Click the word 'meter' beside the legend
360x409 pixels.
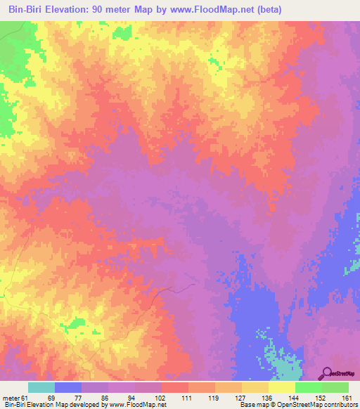pyautogui.click(x=10, y=397)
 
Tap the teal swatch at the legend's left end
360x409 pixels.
pyautogui.click(x=41, y=387)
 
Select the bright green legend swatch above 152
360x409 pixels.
pyautogui.click(x=308, y=387)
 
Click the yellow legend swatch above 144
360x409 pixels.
pyautogui.click(x=281, y=387)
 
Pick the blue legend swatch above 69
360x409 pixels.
pyautogui.click(x=68, y=387)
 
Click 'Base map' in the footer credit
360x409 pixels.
pyautogui.click(x=251, y=405)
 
